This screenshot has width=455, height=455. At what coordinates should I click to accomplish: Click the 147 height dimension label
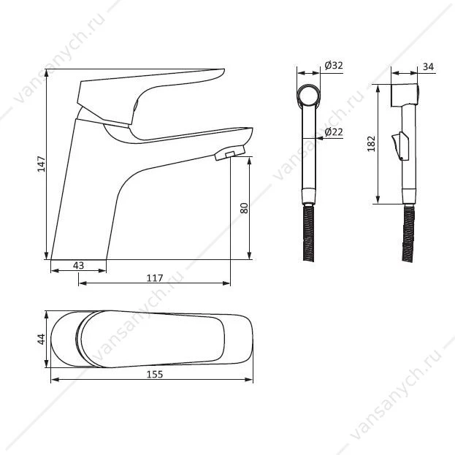[42, 164]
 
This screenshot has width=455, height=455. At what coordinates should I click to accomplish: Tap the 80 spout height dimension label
[245, 208]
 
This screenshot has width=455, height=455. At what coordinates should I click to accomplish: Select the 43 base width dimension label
[78, 265]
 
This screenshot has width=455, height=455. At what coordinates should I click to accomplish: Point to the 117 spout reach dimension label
[155, 278]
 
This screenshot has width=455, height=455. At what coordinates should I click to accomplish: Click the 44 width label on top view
[42, 339]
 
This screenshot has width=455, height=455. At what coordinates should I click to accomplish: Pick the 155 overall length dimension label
[155, 375]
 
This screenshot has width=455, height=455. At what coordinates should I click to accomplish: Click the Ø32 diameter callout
[334, 65]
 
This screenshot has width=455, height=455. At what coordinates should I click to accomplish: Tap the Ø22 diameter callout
[334, 132]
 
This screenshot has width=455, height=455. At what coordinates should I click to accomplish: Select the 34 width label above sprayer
[428, 66]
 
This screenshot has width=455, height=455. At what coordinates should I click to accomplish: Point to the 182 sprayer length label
[371, 143]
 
